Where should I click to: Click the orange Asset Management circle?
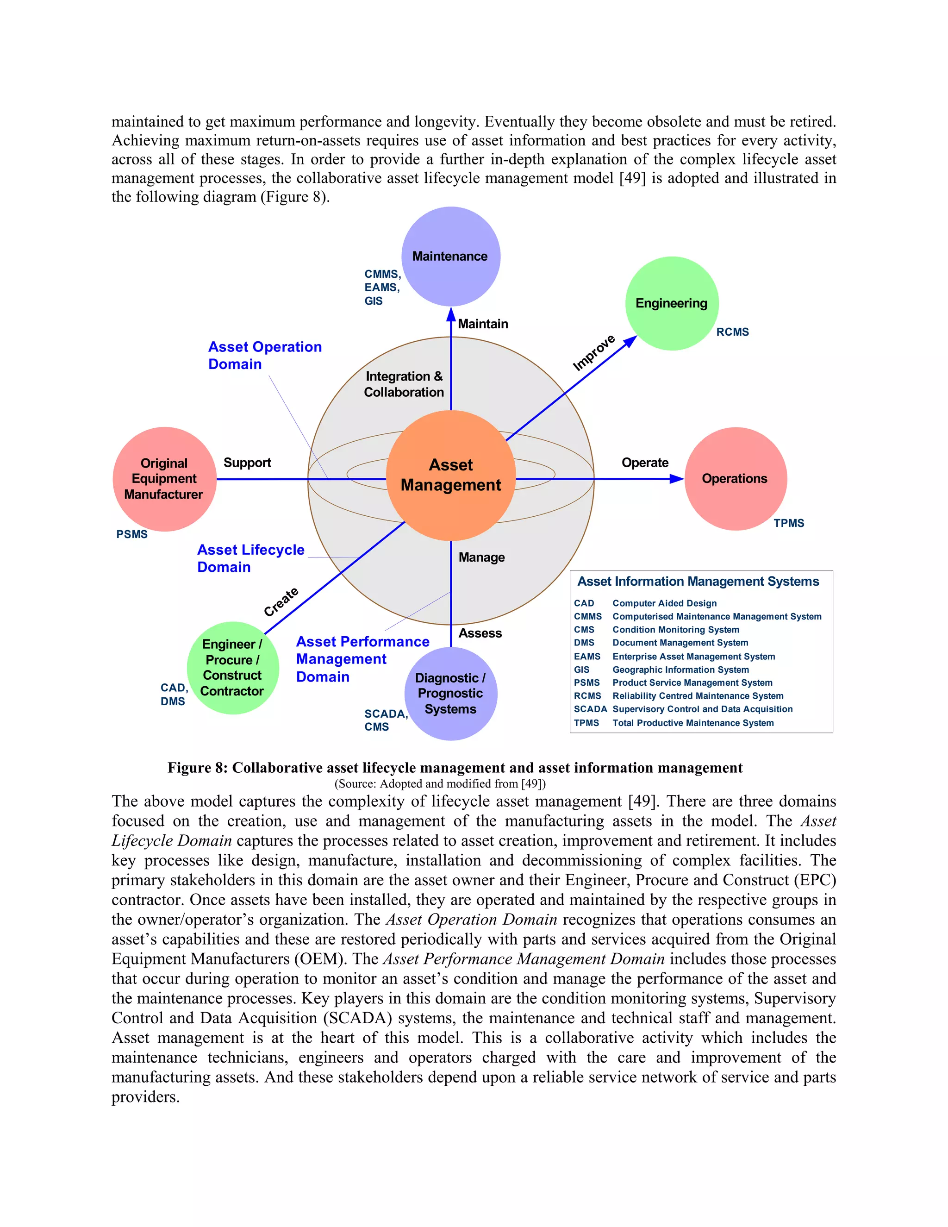tap(450, 476)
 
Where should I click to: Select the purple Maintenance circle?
tap(450, 256)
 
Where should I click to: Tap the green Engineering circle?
tap(672, 303)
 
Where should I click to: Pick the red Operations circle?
tap(735, 479)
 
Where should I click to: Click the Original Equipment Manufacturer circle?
tap(164, 479)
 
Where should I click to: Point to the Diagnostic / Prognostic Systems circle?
tap(450, 693)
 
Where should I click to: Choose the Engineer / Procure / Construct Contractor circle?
tap(232, 667)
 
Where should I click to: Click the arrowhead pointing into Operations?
tap(676, 479)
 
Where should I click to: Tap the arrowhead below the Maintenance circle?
tap(451, 314)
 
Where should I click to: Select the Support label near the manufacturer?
tap(247, 463)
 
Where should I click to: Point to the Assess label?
tap(480, 633)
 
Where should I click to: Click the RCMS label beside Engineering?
tap(732, 332)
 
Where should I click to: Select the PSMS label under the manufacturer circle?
tap(132, 534)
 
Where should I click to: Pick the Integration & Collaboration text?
tap(404, 384)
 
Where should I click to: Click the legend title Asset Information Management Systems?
tap(698, 582)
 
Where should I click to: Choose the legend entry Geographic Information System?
tap(680, 670)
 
